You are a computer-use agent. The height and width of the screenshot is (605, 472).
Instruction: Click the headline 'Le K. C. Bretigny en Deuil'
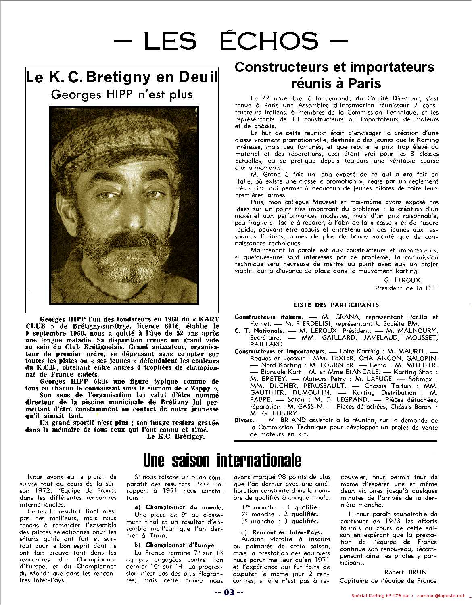coord(122,77)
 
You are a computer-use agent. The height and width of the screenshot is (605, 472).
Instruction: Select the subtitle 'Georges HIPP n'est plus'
coord(122,94)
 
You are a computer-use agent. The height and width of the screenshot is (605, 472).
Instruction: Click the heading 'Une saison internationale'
coord(222,459)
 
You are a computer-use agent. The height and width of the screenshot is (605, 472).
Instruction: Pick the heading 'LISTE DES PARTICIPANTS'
coord(336,305)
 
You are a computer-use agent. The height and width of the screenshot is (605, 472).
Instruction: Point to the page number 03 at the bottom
coord(229,592)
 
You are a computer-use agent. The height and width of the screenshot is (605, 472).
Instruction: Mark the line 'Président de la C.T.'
coord(406,288)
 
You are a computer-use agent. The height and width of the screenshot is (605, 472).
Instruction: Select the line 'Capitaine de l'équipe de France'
coord(388,580)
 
